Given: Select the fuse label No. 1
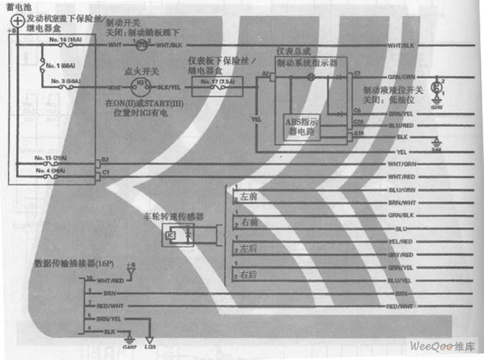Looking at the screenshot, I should click(62, 64).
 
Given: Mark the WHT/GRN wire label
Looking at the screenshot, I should click(403, 163).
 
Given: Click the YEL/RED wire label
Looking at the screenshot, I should click(400, 241).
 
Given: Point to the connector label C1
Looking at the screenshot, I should click(105, 172).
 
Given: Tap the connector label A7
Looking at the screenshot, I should click(265, 74).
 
